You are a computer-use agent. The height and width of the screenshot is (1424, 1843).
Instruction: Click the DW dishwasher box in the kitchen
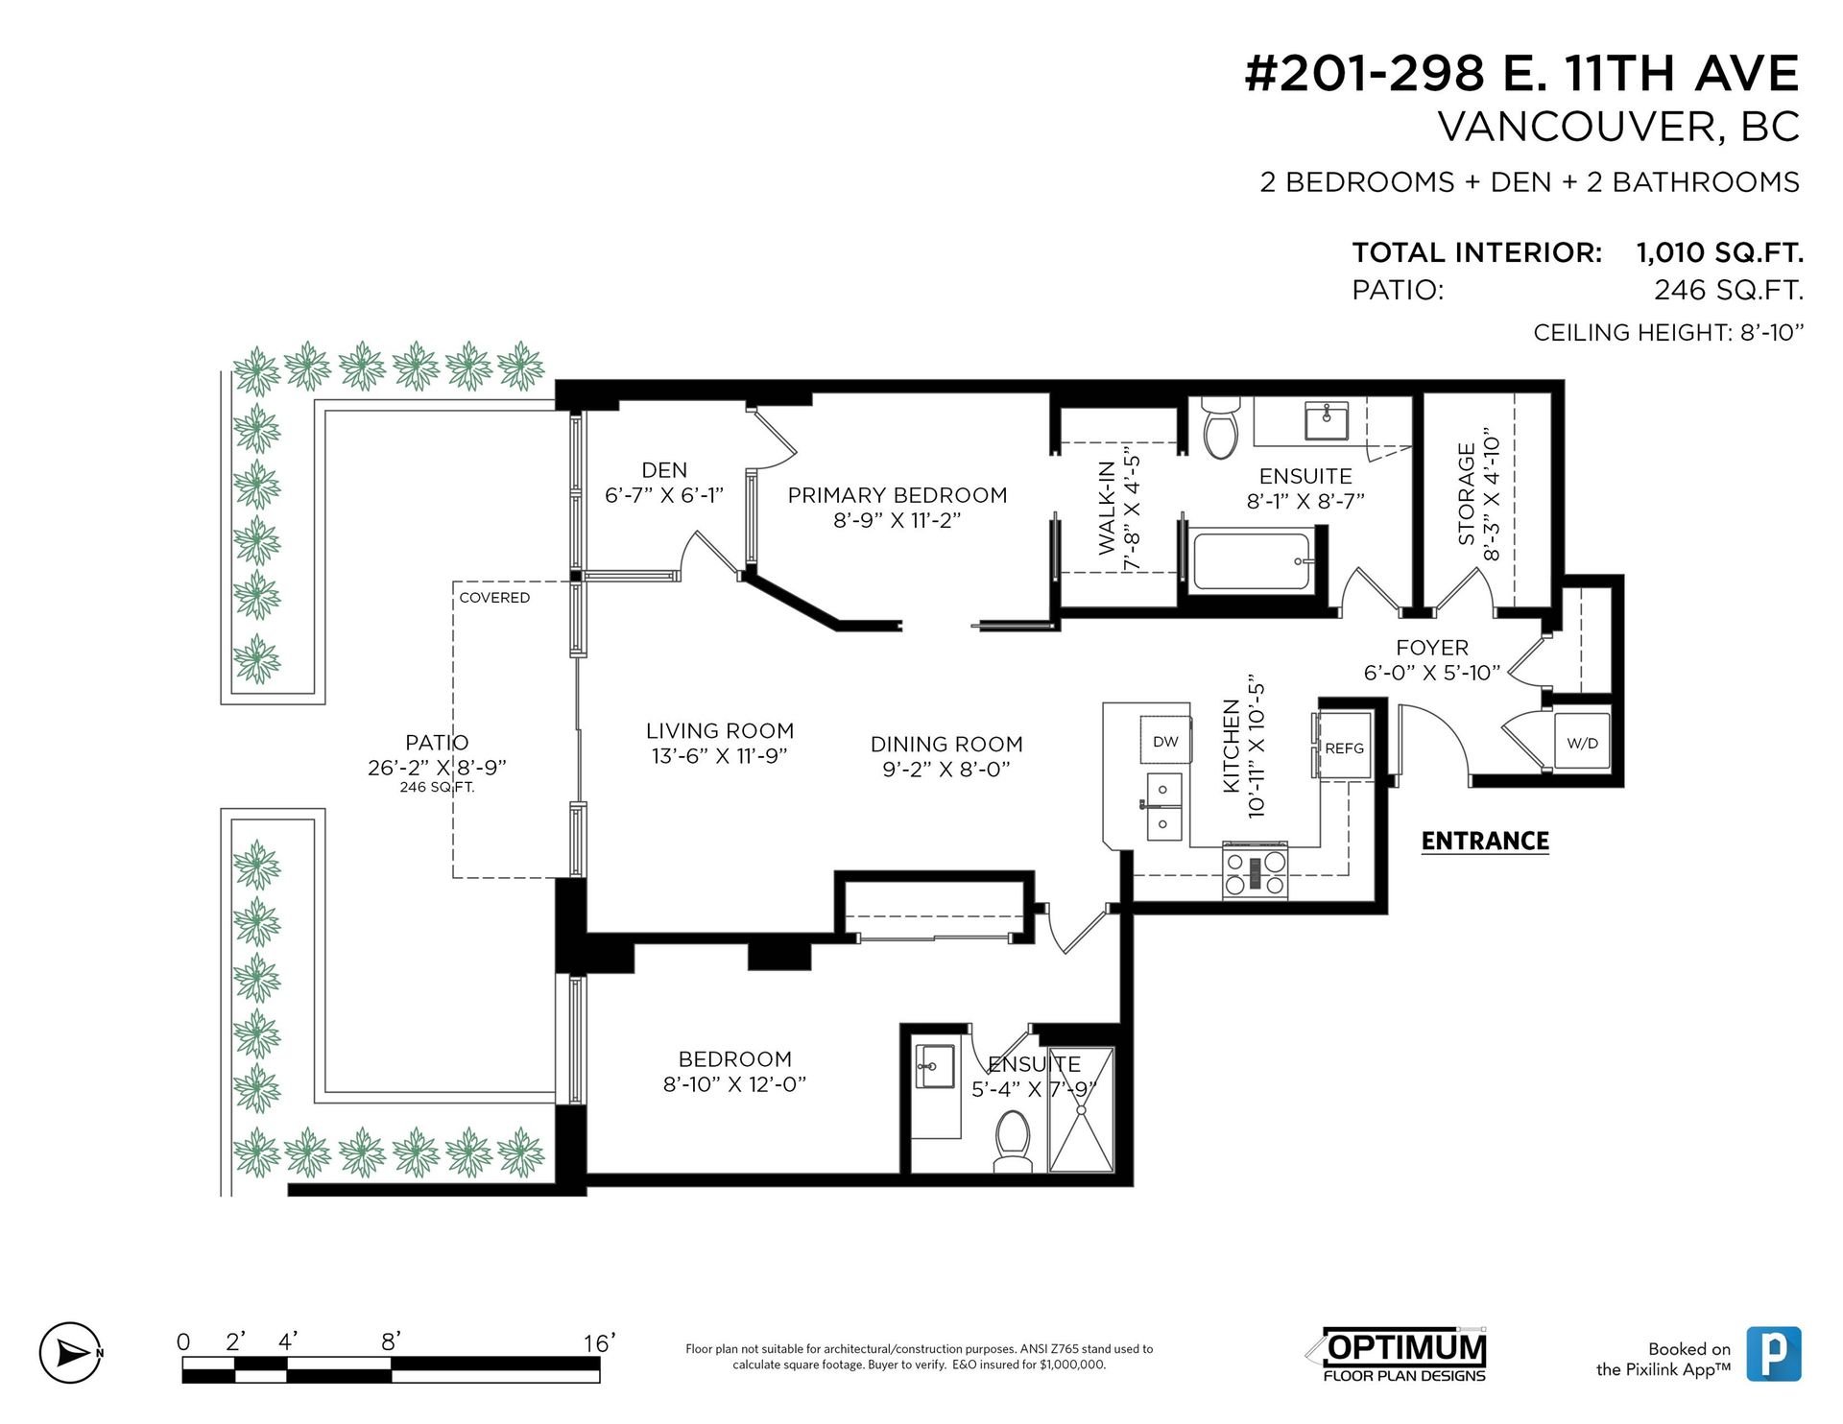pos(1165,741)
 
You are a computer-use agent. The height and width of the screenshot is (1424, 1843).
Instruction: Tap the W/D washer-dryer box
pos(1582,742)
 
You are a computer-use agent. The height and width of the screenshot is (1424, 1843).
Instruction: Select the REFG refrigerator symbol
pos(1344,748)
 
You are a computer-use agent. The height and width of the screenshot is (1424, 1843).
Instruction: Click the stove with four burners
pos(1255,872)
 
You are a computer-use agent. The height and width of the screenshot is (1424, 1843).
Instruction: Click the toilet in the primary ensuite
pos(1221,431)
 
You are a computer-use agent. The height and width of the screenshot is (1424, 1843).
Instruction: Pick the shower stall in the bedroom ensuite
pos(1081,1109)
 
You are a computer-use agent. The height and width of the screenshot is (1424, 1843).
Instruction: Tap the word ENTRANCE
pos(1484,841)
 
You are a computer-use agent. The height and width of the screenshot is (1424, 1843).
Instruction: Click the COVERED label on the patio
pos(494,597)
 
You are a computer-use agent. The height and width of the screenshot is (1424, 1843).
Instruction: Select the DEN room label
pos(664,470)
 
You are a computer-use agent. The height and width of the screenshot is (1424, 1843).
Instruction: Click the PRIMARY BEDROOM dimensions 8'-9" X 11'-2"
pos(897,520)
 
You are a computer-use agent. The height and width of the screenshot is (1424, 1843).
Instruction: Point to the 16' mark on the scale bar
pos(598,1343)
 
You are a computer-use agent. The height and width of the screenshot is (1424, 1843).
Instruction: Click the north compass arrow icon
pos(70,1353)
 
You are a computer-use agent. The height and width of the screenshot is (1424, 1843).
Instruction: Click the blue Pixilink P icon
pos(1773,1354)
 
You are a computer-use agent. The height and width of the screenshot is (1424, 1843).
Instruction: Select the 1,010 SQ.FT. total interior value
pos(1719,252)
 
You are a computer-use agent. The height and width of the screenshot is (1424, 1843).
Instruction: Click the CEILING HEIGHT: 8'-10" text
pos(1668,332)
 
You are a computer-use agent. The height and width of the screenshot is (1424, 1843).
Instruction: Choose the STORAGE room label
pos(1466,493)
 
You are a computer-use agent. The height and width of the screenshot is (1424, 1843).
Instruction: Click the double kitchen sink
pos(1163,806)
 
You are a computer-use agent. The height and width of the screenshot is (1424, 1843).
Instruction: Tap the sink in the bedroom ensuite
pos(933,1067)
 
